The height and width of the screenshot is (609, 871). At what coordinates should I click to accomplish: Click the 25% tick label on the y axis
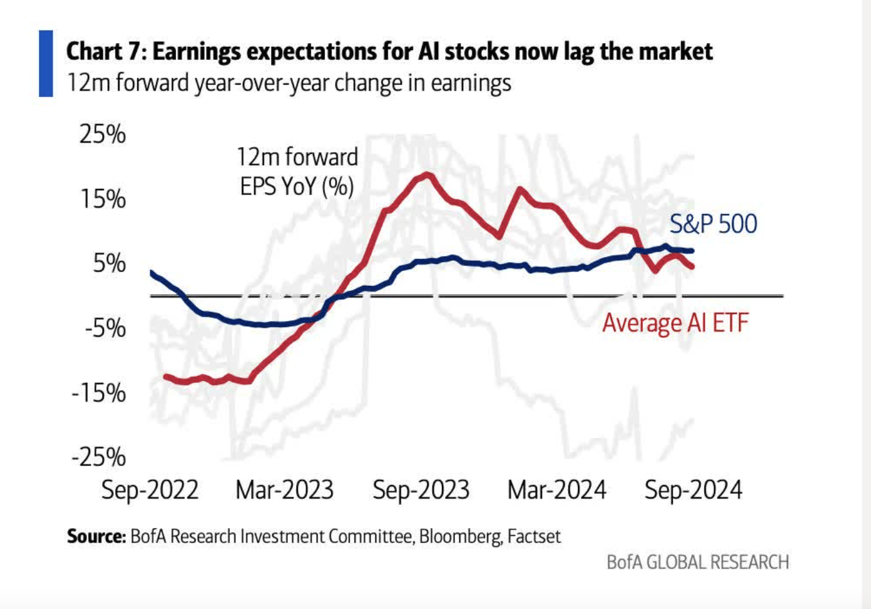(x=102, y=134)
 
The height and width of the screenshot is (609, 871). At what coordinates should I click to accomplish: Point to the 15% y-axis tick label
(x=102, y=199)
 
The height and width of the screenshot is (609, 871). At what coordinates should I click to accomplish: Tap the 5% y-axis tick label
(x=109, y=263)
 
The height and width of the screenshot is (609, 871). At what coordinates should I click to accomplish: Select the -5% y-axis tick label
(x=104, y=328)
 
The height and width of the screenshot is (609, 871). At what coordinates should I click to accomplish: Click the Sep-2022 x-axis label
(x=150, y=490)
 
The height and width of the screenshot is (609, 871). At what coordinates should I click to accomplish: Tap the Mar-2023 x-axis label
(x=285, y=490)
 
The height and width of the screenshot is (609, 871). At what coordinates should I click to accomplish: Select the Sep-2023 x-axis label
(x=421, y=490)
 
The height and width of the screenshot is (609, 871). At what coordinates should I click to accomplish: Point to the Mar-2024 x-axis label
(x=557, y=490)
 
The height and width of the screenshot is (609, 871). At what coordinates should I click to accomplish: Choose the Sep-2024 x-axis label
(x=693, y=490)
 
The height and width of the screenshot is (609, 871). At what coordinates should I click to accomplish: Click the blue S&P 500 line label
(x=713, y=224)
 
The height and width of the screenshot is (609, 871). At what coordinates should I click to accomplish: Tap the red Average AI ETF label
(x=675, y=322)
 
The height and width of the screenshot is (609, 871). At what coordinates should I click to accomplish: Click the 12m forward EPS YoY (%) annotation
(x=297, y=172)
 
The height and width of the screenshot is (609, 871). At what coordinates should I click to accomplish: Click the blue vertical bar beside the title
(x=46, y=63)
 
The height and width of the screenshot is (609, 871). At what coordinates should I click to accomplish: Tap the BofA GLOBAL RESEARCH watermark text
(x=698, y=563)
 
